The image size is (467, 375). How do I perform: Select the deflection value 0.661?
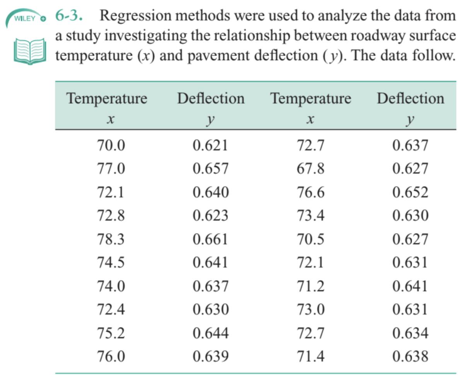tap(210, 239)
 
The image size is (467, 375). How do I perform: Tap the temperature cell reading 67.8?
tap(310, 169)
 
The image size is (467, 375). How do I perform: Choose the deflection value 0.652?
tap(410, 192)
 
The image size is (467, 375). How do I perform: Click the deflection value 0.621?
tap(210, 146)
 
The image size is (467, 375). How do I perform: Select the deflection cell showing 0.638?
tap(410, 356)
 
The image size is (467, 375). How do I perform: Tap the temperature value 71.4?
tap(310, 356)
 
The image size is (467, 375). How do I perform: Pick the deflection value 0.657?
tap(210, 169)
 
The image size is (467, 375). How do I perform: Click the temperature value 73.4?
tap(310, 215)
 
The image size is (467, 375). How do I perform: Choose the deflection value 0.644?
tap(210, 333)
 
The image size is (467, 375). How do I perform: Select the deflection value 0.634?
tap(410, 333)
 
